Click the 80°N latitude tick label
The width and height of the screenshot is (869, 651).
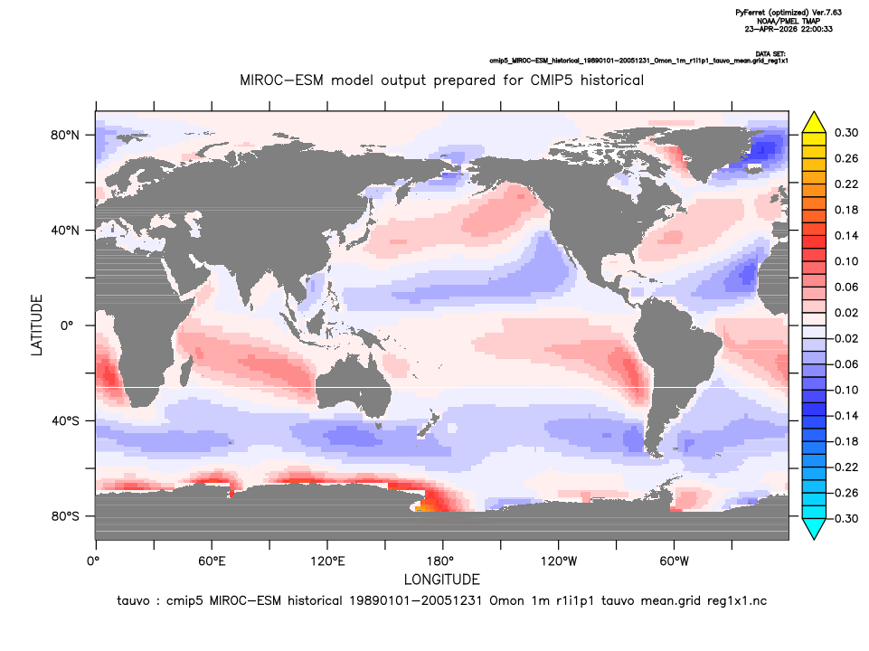click(65, 136)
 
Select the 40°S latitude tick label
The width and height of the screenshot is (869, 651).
click(65, 421)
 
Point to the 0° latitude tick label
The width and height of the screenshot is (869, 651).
click(67, 325)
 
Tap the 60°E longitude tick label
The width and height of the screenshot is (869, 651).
click(212, 561)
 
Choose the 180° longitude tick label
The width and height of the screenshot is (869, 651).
click(442, 561)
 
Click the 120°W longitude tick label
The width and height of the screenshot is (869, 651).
click(559, 561)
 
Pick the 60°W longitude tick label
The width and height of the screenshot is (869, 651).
click(674, 561)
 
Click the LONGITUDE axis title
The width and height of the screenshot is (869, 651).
click(441, 580)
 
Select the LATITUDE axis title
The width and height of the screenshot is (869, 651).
click(36, 325)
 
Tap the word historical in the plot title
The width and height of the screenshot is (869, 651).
click(612, 80)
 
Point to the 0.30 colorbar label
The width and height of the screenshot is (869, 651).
click(846, 133)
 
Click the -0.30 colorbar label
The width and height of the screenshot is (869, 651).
click(844, 519)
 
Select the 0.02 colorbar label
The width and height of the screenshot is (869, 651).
click(846, 313)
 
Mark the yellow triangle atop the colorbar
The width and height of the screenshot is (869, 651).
click(814, 122)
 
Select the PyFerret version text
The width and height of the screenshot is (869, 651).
click(789, 12)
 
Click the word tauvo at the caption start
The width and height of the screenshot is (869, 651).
click(133, 601)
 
